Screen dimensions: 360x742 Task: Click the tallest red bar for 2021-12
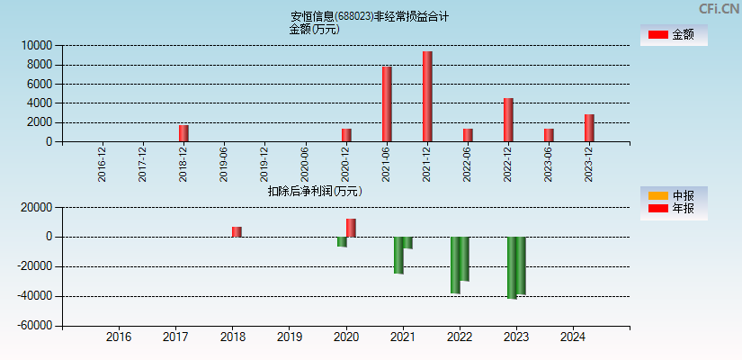pos(427,96)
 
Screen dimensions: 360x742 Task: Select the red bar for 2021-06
pos(387,103)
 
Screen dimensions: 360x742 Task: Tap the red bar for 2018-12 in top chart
pos(183,133)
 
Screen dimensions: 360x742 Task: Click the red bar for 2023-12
pos(589,128)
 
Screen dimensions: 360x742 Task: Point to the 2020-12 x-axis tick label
pos(346,164)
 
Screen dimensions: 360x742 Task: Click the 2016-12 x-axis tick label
pos(103,164)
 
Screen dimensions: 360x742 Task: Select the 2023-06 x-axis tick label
pos(549,164)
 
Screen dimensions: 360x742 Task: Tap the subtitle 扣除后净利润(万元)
pos(315,191)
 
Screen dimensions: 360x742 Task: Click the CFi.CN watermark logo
pos(719,9)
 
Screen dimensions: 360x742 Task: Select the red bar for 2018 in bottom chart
pos(237,231)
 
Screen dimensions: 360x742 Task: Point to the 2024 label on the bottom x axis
pos(573,337)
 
